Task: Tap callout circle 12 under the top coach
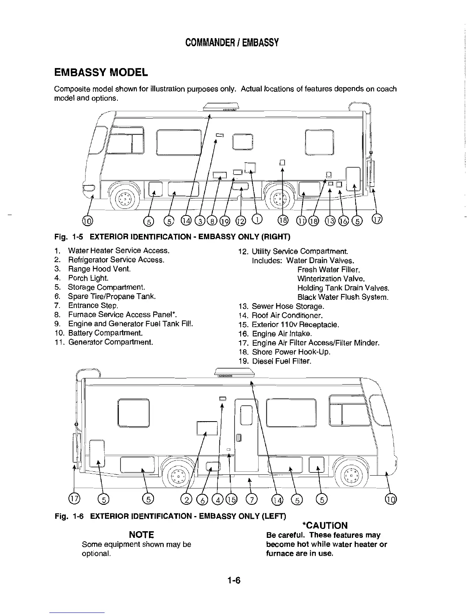point(241,221)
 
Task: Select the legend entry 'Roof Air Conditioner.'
point(287,315)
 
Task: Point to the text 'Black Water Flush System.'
point(343,297)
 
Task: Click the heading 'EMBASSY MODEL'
point(101,72)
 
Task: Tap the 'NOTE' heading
point(141,535)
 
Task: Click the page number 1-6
point(235,581)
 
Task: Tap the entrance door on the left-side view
point(246,432)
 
